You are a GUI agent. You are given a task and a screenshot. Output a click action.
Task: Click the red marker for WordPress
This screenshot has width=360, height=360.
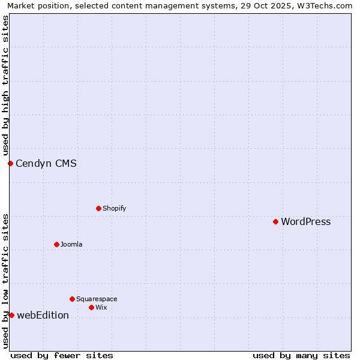[275, 222]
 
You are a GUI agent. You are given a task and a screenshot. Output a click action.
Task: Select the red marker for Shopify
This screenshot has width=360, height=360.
[98, 208]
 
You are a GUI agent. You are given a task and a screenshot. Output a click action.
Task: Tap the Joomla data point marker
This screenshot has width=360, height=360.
[56, 244]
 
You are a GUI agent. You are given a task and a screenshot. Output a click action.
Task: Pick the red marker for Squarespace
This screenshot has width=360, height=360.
[72, 299]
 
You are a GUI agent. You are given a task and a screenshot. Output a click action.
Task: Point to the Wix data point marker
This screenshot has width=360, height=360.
[91, 307]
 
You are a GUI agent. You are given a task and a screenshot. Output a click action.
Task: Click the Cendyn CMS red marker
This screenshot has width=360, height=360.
[10, 163]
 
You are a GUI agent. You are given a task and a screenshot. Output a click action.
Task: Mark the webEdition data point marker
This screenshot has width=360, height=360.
[11, 315]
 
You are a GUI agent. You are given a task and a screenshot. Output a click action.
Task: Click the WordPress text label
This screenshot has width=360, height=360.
[305, 222]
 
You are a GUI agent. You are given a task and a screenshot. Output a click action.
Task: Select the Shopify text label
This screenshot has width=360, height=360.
[114, 208]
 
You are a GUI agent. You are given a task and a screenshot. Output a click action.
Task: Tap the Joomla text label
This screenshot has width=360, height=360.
[71, 244]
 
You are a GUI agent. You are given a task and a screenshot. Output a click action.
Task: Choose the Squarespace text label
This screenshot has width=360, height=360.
[97, 299]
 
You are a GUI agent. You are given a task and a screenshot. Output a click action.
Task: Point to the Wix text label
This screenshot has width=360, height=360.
[101, 307]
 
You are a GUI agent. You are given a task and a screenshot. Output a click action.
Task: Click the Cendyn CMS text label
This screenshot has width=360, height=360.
[46, 163]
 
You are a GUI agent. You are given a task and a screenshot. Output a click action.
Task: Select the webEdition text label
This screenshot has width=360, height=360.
[43, 316]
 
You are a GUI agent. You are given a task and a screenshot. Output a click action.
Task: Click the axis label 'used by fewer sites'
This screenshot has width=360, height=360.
[62, 355]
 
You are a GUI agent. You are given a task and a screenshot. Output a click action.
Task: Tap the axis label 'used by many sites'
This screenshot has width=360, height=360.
[301, 355]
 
